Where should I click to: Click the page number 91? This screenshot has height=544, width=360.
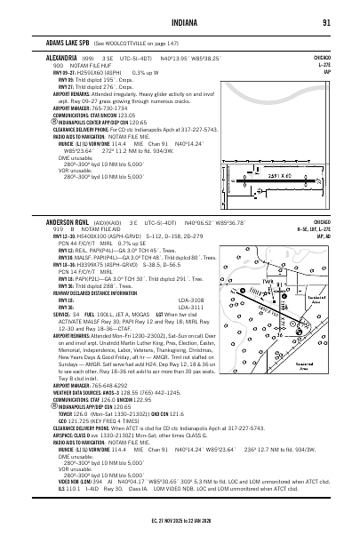click(x=327, y=22)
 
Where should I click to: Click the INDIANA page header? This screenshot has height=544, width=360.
click(x=180, y=22)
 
